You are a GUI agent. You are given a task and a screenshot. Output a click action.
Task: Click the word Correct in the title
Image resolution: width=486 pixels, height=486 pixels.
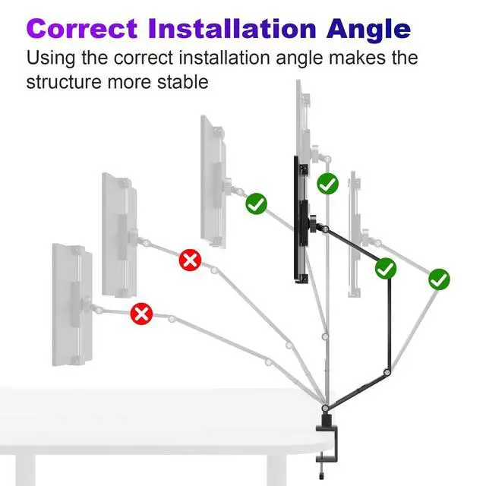(82, 29)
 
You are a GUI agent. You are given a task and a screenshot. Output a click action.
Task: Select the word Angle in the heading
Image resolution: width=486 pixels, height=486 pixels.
(368, 30)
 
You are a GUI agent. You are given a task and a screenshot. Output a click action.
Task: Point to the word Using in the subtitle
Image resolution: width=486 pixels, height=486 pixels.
(51, 58)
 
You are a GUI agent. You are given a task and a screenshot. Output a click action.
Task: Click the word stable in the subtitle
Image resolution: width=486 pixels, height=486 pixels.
(182, 82)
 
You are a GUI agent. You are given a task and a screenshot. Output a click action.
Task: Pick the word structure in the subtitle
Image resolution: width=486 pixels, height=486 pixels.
(64, 83)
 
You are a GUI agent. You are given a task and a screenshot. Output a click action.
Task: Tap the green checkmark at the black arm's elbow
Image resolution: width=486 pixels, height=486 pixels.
(386, 268)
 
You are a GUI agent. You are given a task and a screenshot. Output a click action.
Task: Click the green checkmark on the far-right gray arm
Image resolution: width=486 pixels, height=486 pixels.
(439, 279)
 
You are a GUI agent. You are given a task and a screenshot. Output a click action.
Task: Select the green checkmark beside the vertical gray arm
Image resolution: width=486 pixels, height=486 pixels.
(327, 184)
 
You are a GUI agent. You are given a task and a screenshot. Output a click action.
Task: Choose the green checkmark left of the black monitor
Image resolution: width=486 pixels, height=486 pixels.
(257, 204)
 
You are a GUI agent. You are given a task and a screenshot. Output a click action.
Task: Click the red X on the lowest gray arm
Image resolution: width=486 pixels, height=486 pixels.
(142, 314)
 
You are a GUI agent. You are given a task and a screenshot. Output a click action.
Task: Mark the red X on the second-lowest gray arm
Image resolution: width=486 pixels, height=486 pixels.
(191, 260)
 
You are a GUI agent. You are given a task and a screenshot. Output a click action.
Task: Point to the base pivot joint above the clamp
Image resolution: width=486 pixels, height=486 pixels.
(325, 408)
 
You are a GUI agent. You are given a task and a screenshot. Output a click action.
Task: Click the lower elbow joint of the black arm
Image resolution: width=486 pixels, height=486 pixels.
(387, 372)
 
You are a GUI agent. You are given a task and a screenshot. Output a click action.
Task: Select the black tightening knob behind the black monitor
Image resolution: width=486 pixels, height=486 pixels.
(312, 224)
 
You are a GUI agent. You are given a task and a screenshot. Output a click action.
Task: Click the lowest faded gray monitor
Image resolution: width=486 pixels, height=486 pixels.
(72, 305)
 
